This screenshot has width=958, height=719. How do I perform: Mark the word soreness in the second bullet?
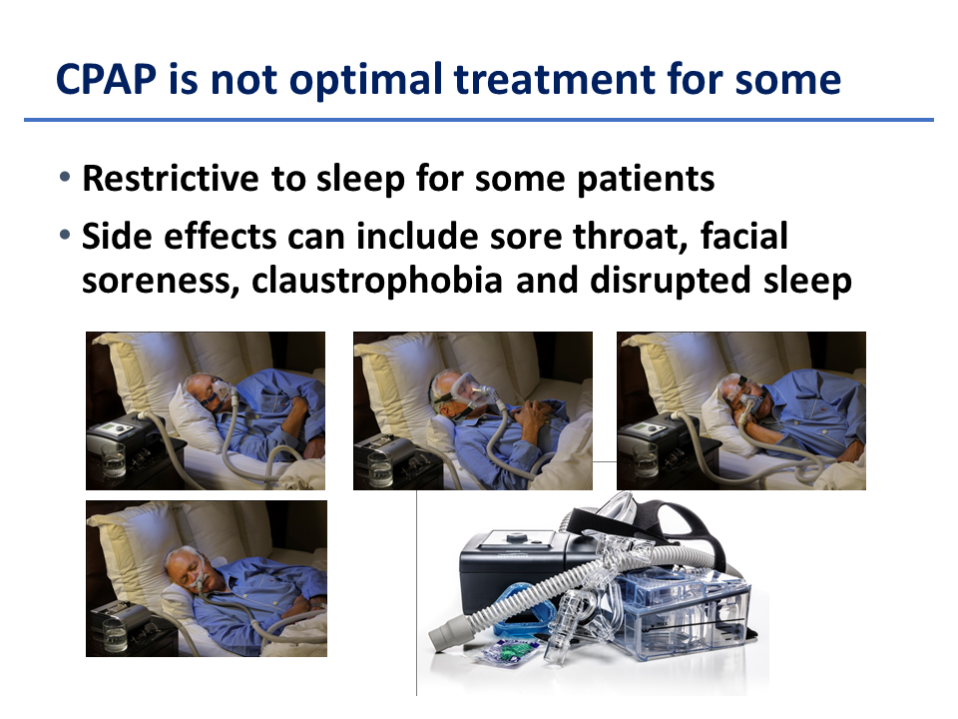(160, 281)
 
